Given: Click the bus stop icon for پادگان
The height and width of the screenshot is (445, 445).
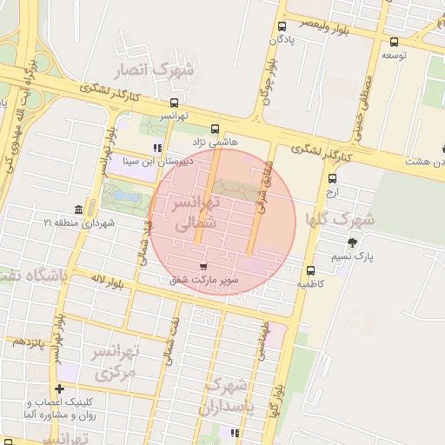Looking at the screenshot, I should coord(282,27).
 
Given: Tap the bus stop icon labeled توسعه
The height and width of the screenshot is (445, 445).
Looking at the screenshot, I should coord(395,42).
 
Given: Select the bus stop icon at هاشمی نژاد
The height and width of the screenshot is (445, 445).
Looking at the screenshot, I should coord(215,128).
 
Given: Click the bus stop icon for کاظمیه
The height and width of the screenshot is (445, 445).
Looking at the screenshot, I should coord(311,269).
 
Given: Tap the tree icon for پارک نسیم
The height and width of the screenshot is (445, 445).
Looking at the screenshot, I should coord(352,243).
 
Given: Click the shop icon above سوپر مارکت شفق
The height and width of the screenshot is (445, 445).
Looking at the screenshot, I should coord(203,267).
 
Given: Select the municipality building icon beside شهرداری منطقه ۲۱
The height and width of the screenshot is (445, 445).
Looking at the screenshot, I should coord(79,210).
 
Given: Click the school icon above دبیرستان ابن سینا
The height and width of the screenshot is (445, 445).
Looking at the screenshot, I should coord(157,147).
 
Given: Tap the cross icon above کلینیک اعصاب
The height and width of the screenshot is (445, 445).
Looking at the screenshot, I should coord(59,389).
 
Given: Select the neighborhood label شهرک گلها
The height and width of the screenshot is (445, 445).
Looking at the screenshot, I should coord(340,219).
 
